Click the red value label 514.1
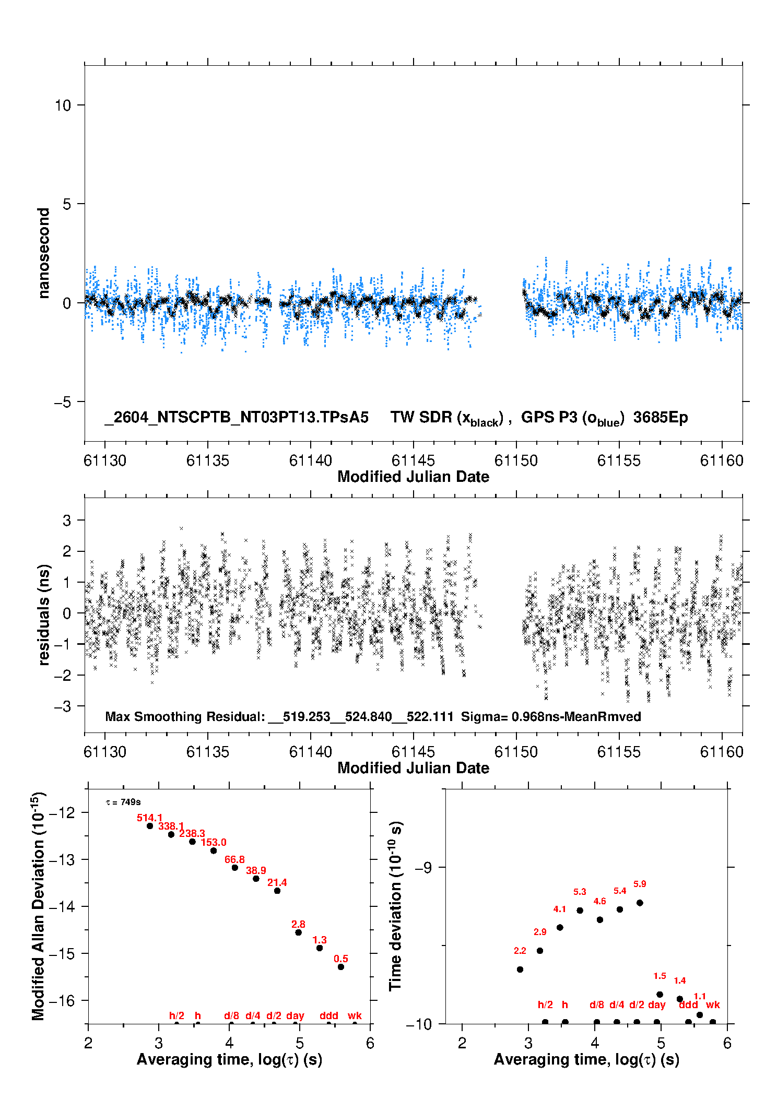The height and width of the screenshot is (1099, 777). click(149, 818)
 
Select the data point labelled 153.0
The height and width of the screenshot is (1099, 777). click(214, 850)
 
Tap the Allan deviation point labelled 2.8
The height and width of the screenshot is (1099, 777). click(298, 932)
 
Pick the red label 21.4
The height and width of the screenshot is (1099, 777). click(277, 882)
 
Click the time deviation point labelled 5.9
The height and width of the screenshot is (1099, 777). click(640, 903)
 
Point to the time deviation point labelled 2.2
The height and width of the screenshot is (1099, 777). click(520, 970)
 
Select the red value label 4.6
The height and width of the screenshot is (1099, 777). click(599, 901)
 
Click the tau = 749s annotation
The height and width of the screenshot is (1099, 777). click(123, 802)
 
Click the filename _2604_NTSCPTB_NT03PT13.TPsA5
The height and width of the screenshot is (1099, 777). click(237, 417)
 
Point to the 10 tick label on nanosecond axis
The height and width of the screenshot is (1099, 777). click(63, 105)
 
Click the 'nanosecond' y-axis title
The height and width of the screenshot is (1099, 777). click(43, 253)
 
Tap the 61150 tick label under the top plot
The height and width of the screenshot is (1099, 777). click(516, 460)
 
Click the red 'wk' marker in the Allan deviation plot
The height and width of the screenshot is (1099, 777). click(355, 1015)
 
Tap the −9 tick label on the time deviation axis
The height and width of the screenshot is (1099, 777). click(423, 867)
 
